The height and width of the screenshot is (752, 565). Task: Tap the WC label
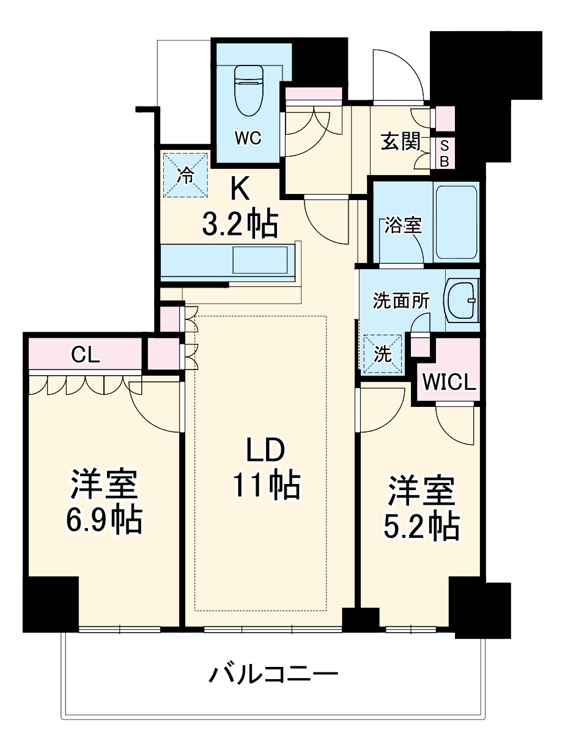(x=248, y=139)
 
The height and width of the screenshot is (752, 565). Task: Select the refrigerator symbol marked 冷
(x=185, y=175)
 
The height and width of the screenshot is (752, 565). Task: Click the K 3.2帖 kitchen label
(x=240, y=209)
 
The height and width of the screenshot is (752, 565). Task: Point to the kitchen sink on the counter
(x=260, y=259)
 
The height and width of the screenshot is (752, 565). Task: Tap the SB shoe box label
(x=445, y=154)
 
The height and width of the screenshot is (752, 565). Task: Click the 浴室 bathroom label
(x=403, y=225)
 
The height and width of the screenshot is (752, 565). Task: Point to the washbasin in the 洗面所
(x=463, y=300)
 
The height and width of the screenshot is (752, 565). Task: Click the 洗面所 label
(x=401, y=301)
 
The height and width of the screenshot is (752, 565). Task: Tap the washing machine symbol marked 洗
(x=383, y=354)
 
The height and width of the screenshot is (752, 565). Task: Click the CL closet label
(x=86, y=354)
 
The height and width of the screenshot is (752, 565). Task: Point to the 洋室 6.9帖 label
(x=103, y=502)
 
